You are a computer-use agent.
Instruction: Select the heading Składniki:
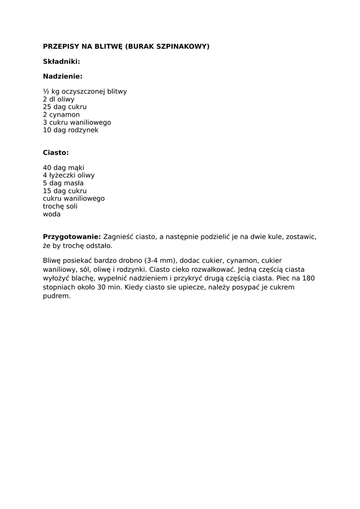61,61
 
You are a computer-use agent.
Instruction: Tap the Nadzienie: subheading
63,77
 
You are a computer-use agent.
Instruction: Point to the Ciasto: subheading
56,153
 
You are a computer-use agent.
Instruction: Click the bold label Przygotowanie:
72,237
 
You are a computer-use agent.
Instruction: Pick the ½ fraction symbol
46,91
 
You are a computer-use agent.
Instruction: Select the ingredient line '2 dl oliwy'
59,99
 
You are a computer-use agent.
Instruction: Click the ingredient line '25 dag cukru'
65,107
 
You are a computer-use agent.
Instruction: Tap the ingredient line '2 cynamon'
61,114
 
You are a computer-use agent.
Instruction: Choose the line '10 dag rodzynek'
71,130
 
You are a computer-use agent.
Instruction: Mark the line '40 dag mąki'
64,168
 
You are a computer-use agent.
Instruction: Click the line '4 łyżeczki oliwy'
69,175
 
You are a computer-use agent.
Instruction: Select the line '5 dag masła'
63,183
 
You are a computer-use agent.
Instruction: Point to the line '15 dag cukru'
65,191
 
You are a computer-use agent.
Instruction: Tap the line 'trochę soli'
60,206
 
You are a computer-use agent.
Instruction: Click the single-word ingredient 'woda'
52,214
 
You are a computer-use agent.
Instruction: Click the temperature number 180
308,278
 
